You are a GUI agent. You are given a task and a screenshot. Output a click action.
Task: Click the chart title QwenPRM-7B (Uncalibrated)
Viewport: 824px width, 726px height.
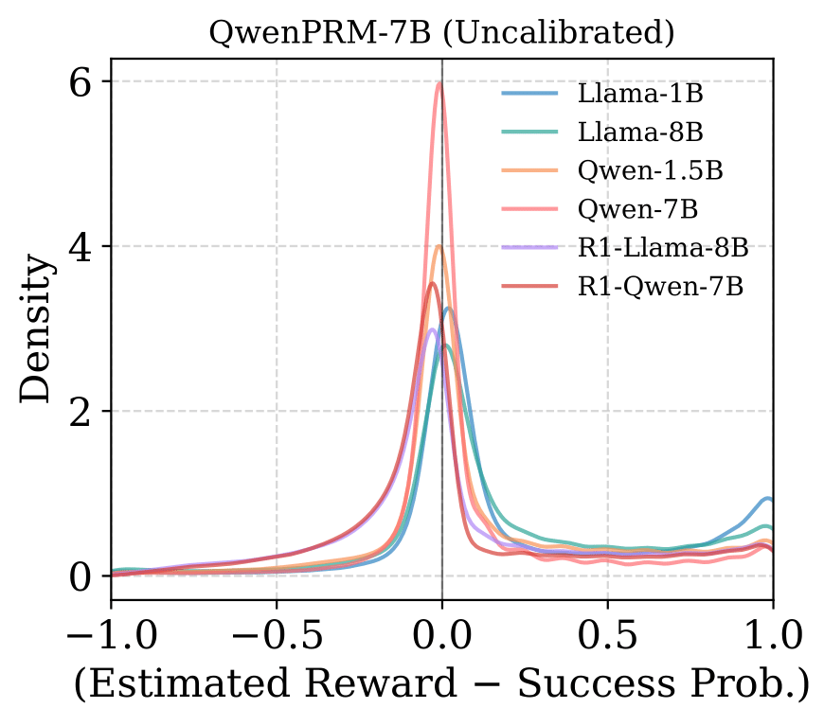click(441, 33)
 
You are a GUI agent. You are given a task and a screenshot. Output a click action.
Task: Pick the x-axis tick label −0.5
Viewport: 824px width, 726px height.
click(276, 632)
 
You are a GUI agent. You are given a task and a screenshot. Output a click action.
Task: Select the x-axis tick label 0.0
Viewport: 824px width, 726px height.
click(441, 632)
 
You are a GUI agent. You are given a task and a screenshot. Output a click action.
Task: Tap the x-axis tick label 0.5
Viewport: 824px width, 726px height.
click(607, 632)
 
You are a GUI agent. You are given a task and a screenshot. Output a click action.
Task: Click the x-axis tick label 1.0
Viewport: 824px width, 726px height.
click(772, 632)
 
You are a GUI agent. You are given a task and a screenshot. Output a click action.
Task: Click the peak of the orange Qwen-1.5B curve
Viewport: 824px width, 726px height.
click(439, 246)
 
